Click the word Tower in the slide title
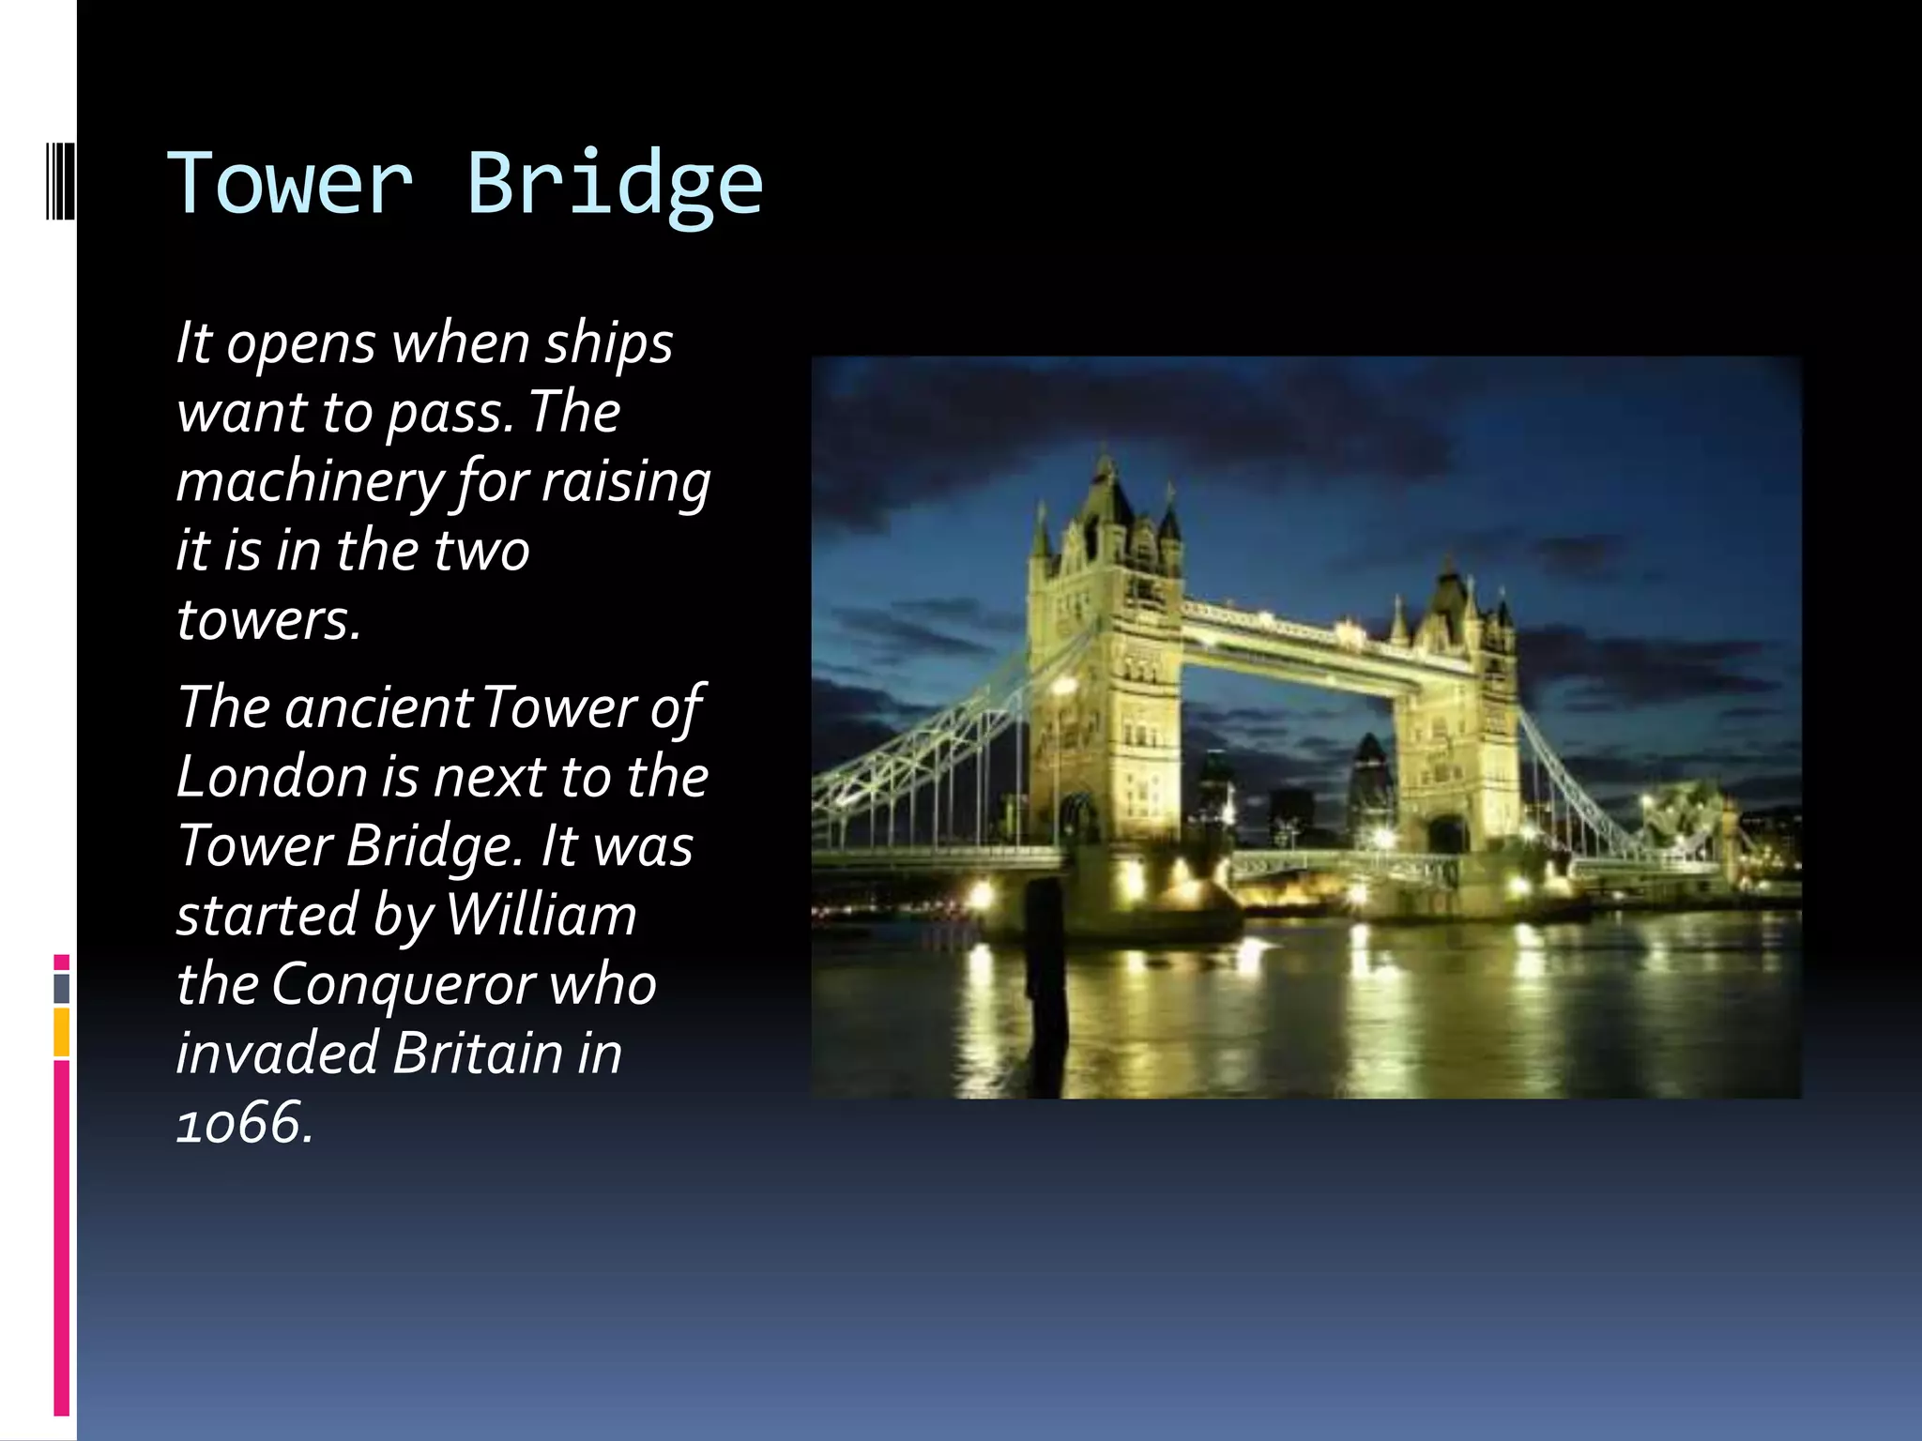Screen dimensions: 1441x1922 (290, 182)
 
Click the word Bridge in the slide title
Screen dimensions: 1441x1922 (615, 184)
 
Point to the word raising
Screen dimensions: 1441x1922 (626, 482)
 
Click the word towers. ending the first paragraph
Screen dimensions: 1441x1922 (268, 620)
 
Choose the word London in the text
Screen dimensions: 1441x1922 (271, 777)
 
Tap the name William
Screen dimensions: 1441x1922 (542, 915)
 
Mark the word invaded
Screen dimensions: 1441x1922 (277, 1053)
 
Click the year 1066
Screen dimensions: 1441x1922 (243, 1122)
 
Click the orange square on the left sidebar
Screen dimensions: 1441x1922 (62, 1032)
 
